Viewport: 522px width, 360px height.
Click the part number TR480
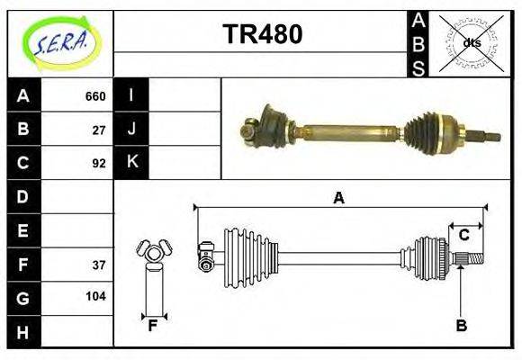click(262, 35)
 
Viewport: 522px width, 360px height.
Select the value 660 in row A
click(94, 96)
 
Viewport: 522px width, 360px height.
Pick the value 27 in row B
click(99, 130)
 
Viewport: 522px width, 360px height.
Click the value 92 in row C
click(99, 163)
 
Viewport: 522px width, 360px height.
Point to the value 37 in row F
click(99, 265)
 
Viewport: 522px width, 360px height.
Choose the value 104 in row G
click(95, 296)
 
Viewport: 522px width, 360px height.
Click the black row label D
click(23, 196)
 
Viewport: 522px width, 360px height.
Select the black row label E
click(23, 230)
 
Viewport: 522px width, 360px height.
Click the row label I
click(131, 95)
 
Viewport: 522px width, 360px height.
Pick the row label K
click(131, 163)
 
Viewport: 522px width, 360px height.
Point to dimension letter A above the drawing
click(338, 199)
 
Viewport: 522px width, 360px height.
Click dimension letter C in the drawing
click(463, 236)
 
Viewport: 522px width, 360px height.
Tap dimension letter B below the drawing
click(461, 326)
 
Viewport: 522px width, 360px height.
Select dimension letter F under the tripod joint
click(153, 326)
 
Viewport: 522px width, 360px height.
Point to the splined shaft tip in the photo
click(491, 137)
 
